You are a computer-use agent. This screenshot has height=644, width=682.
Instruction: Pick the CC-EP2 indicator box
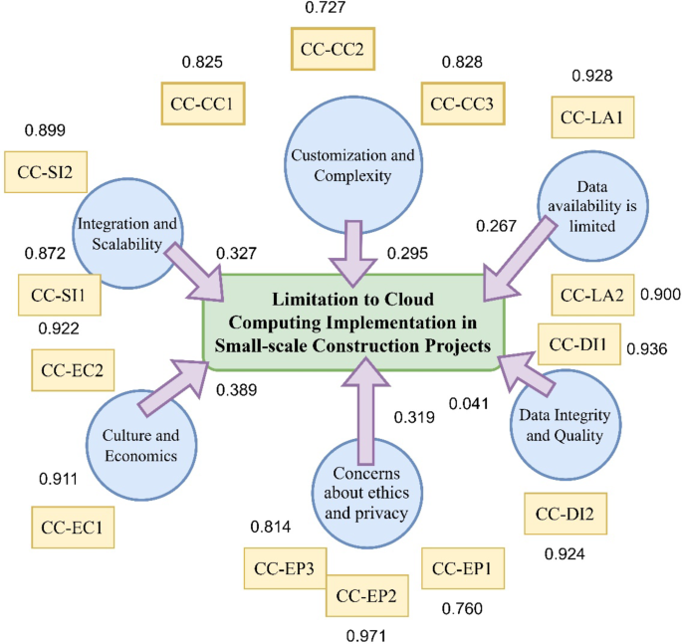click(x=366, y=596)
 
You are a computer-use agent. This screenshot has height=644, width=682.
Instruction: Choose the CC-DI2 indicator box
click(x=565, y=514)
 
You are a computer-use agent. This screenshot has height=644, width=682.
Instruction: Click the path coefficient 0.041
click(x=468, y=403)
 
